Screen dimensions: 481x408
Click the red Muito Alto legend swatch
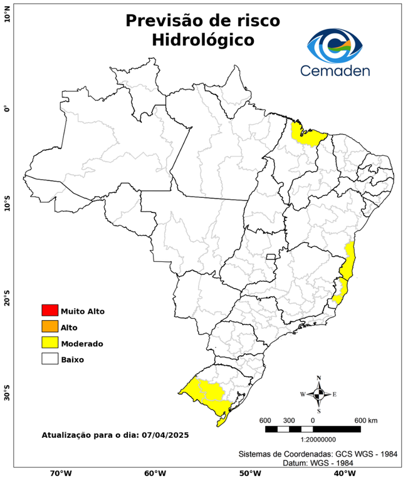50,310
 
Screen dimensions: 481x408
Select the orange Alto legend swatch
50,326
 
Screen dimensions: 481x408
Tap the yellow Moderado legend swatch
50,343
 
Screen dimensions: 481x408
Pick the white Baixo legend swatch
50,359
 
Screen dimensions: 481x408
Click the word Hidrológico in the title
202,40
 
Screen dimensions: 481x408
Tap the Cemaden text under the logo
335,71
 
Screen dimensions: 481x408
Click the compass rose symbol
318,394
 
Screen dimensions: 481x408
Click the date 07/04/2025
165,434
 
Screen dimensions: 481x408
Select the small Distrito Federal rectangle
271,256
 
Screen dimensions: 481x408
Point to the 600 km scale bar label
365,420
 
